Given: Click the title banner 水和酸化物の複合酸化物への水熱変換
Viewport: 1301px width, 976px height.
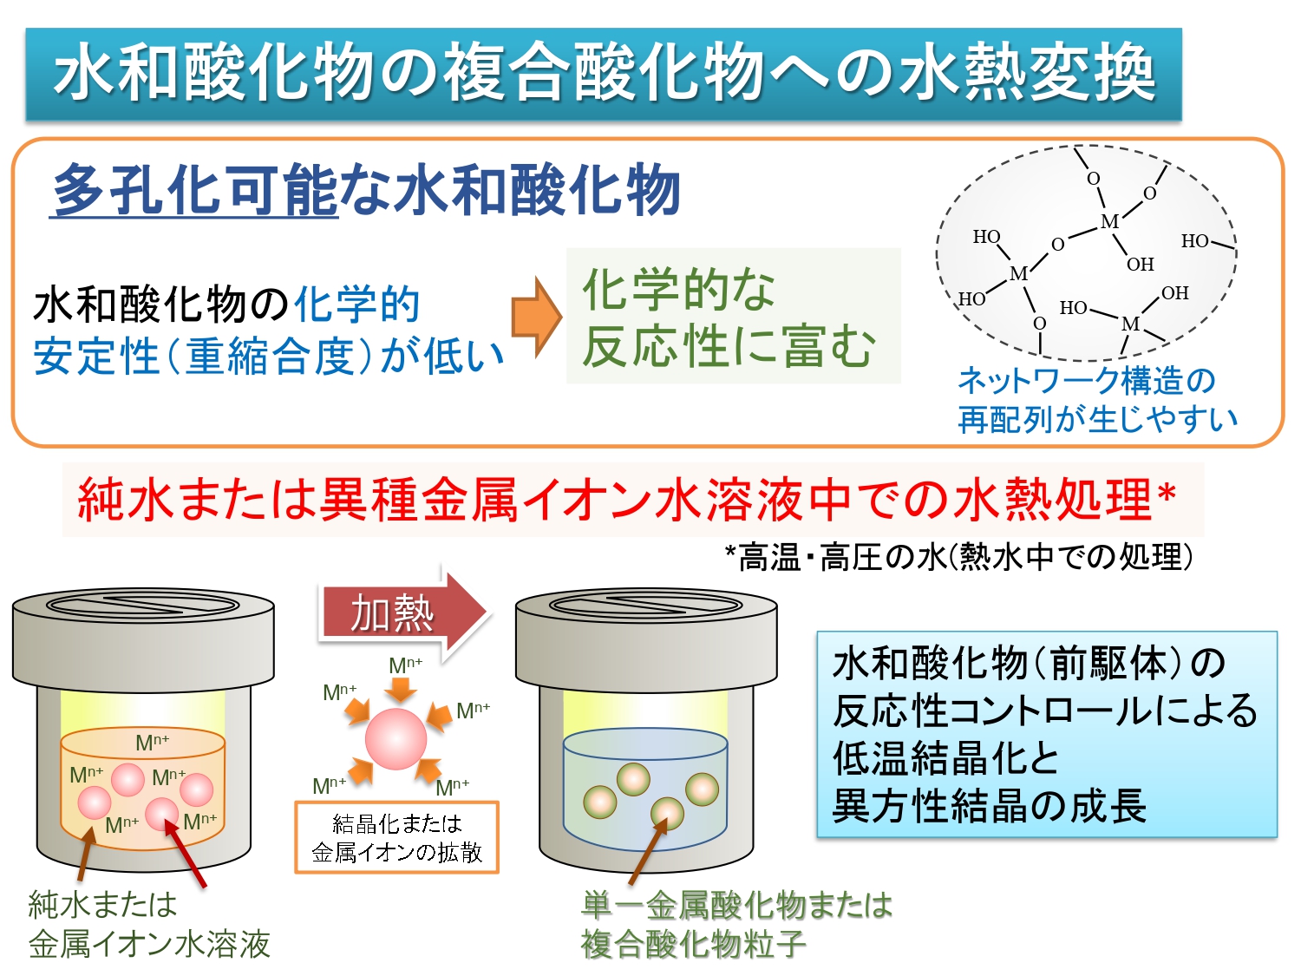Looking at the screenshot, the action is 604,74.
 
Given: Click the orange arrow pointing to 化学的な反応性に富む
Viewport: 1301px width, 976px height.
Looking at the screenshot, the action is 536,317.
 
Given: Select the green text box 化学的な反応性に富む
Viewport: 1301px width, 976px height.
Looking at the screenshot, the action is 733,316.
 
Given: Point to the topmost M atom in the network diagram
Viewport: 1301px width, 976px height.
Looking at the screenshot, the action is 1109,221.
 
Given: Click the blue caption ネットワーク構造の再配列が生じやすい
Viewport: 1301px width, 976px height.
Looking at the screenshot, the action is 1097,399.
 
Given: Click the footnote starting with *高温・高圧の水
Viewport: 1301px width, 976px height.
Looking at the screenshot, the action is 959,557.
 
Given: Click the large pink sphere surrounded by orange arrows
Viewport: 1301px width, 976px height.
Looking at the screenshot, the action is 396,739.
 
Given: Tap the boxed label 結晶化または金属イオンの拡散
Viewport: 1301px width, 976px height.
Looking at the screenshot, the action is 396,837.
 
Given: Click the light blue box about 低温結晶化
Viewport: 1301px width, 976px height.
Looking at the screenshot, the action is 1047,734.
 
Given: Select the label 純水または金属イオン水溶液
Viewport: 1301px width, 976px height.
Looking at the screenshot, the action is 149,925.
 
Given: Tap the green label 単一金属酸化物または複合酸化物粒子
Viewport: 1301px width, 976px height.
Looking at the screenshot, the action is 736,925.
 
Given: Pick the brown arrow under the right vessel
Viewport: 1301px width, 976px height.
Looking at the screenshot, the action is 648,852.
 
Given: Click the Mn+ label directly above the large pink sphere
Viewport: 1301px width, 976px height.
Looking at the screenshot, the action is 405,665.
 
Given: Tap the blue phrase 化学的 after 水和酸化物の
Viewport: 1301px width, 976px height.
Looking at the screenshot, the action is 356,305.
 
